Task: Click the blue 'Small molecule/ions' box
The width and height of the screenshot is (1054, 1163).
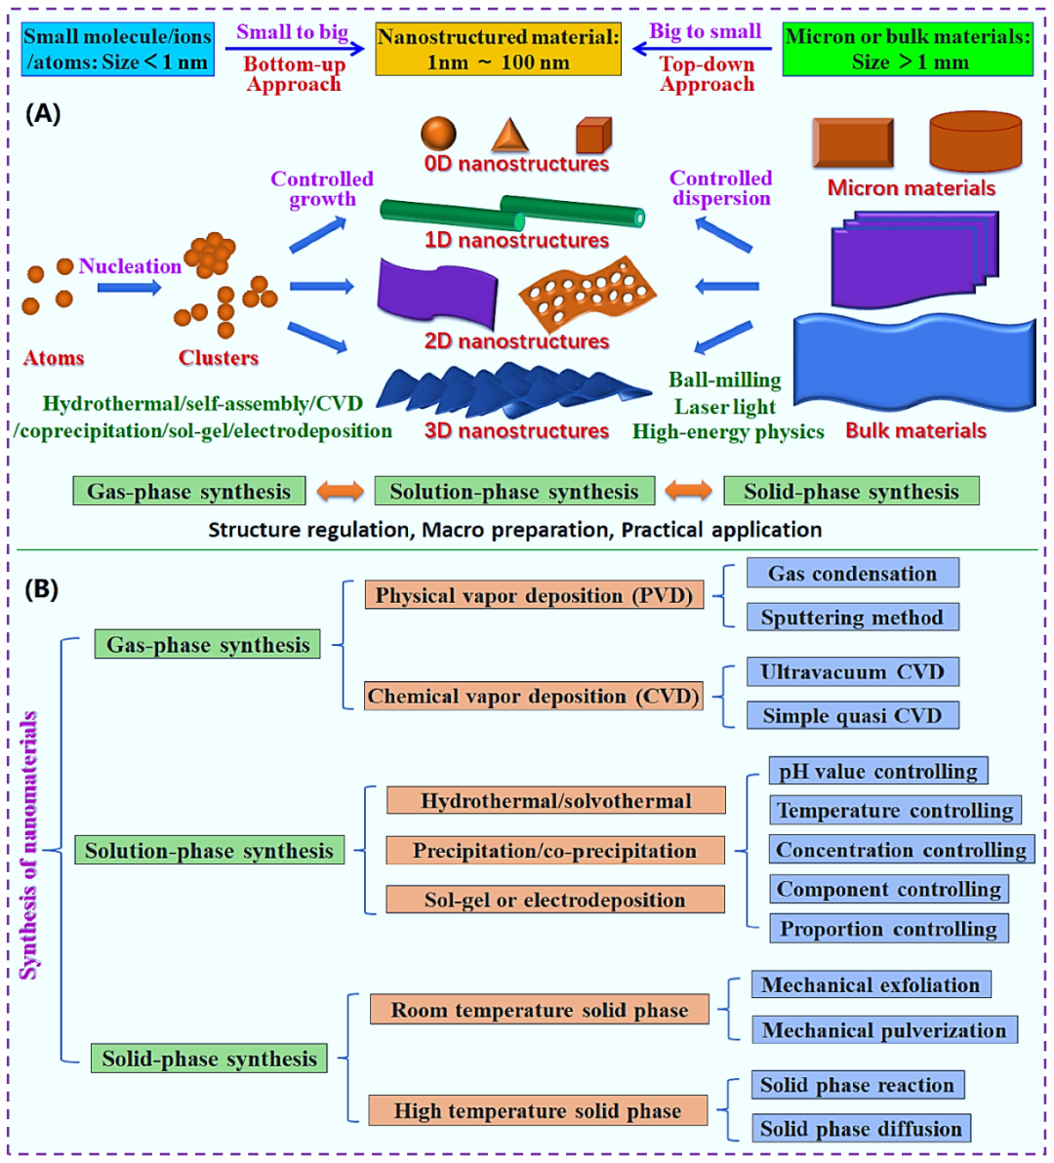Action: pos(118,49)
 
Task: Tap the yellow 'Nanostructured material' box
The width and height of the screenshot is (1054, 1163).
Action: pos(498,49)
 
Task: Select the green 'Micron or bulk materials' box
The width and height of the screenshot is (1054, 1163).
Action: pos(908,49)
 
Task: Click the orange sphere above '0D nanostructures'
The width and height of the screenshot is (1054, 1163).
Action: pos(438,134)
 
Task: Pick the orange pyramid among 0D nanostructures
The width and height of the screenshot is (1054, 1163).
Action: pos(509,135)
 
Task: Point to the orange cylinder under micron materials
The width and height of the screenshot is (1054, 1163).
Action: pos(975,140)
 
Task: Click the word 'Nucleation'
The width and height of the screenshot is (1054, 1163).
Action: pos(130,265)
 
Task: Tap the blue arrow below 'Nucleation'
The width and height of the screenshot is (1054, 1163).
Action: pos(129,287)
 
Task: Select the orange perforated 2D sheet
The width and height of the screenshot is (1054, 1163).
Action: pos(587,294)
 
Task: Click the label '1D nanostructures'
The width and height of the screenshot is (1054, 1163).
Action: pos(516,240)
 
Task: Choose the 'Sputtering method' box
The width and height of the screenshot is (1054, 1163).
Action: pos(852,617)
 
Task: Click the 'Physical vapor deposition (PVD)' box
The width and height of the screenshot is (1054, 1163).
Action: pos(534,595)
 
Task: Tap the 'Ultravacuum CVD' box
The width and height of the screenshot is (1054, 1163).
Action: pos(852,672)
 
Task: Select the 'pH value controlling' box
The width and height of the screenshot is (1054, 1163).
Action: pos(878,772)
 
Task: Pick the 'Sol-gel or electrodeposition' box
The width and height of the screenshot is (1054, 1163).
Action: pos(555,900)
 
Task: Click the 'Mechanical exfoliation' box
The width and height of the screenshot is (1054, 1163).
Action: pos(871,985)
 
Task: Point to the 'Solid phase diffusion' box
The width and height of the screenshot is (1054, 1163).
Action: pos(861,1129)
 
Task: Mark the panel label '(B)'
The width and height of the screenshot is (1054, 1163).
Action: pos(42,589)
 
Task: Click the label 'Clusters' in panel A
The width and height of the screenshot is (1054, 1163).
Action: pos(218,357)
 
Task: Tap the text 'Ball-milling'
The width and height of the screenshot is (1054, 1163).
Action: pos(725,380)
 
